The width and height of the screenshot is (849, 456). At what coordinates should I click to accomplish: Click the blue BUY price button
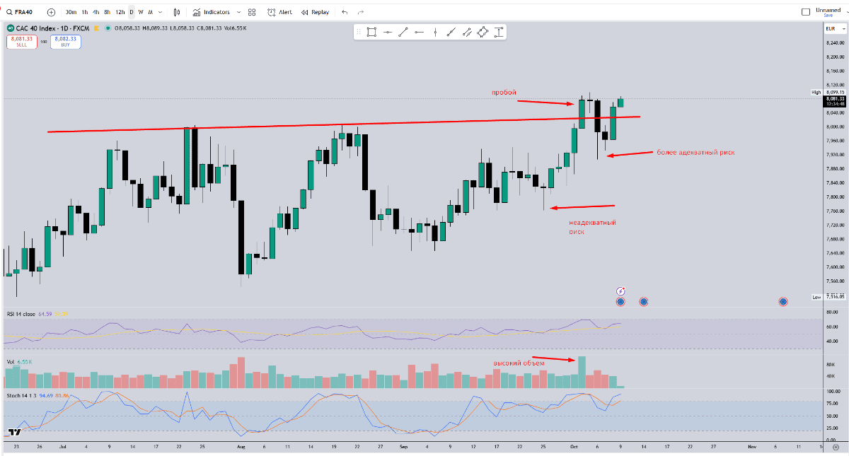click(x=66, y=42)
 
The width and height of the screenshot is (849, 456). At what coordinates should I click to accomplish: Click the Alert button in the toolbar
click(x=279, y=12)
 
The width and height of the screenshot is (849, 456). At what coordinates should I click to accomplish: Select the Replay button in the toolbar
click(x=315, y=12)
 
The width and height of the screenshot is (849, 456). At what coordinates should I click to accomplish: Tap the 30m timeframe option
click(x=71, y=12)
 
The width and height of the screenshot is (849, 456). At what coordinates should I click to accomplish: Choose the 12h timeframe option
click(x=120, y=12)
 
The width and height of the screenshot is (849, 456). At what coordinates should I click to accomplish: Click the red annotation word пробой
click(x=504, y=93)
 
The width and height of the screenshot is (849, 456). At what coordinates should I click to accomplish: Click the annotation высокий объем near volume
click(x=518, y=363)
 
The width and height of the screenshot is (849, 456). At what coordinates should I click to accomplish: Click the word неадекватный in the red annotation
click(x=592, y=223)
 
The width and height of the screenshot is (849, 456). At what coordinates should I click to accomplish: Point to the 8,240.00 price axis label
click(x=836, y=42)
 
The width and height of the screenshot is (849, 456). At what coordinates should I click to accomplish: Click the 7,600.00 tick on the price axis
click(x=836, y=267)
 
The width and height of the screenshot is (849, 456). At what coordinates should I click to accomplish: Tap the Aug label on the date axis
click(x=241, y=448)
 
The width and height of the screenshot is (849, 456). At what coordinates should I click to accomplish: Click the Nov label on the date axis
click(x=752, y=448)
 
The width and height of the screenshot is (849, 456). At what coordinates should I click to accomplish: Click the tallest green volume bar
click(x=582, y=372)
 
